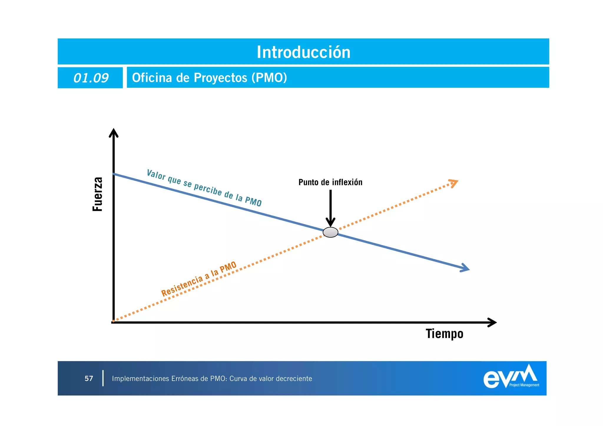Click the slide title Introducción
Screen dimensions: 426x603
point(304,52)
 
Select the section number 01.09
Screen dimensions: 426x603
point(91,78)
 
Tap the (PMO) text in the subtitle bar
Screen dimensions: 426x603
point(269,78)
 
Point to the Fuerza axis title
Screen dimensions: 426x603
point(97,194)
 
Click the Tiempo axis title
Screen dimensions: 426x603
point(444,334)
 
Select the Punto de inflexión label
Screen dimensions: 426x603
point(330,182)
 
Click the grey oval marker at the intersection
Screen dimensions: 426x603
point(330,232)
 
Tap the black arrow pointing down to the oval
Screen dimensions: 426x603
point(330,209)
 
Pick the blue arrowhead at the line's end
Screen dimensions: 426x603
point(465,268)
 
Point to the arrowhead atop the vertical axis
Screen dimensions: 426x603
point(114,133)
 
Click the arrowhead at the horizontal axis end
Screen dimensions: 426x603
point(492,322)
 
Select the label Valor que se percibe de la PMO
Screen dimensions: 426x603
point(204,188)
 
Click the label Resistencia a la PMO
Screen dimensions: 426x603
point(199,279)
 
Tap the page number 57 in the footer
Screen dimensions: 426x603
point(89,379)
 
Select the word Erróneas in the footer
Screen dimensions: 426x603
point(184,379)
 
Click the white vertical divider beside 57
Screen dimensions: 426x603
point(103,378)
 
